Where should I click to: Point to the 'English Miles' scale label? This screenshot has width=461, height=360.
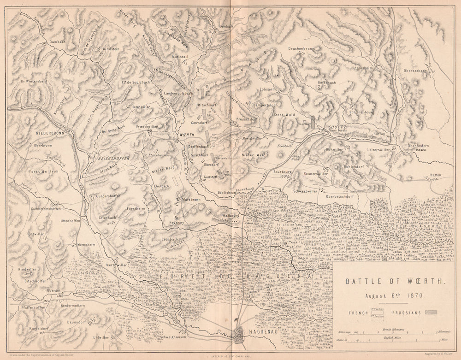(x=392, y=336)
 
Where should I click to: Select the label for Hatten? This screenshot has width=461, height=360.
(x=436, y=175)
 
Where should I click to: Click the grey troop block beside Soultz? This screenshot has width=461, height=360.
(x=313, y=122)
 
